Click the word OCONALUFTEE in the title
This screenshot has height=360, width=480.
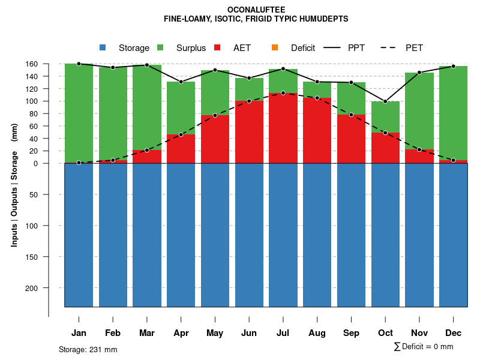256,10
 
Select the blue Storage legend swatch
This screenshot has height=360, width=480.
103,47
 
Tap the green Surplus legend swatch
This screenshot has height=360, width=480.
160,47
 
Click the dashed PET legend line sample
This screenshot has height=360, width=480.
388,47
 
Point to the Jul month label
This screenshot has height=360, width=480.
283,333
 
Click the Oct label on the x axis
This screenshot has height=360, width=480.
385,333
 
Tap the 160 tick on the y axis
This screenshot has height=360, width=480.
49,64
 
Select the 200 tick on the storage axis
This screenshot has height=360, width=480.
49,288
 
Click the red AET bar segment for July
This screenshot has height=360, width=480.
283,128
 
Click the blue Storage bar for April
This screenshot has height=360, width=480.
181,235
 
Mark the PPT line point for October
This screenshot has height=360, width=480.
385,101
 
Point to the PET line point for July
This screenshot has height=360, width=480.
283,93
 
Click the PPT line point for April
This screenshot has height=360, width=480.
181,82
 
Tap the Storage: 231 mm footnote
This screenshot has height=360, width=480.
88,349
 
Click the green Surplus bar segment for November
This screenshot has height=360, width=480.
419,111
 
